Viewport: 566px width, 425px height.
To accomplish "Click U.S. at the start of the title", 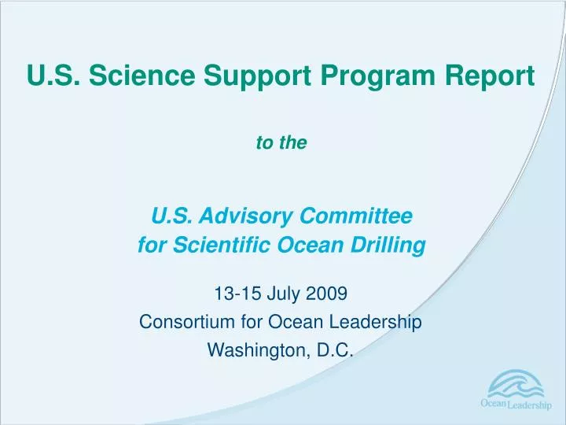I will click(53, 76).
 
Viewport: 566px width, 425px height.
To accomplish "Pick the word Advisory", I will click(239, 215).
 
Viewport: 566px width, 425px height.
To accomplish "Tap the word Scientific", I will click(207, 246).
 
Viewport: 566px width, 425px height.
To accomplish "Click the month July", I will click(274, 295).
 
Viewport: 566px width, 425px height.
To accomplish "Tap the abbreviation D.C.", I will click(333, 350).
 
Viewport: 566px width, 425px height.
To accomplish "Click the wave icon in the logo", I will click(515, 386).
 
